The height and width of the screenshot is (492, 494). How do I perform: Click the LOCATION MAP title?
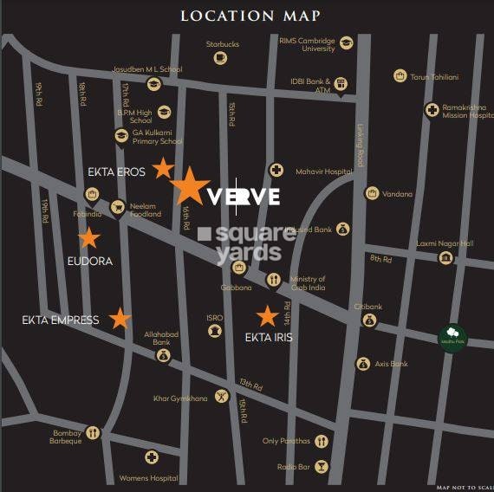click(x=250, y=16)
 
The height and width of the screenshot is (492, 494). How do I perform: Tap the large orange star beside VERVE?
click(x=189, y=187)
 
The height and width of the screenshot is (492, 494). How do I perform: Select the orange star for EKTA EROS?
click(x=163, y=168)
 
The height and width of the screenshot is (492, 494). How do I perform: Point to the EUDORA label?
click(x=90, y=260)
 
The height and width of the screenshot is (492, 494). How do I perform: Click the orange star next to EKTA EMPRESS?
click(x=120, y=319)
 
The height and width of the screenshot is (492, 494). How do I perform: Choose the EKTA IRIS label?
click(x=269, y=337)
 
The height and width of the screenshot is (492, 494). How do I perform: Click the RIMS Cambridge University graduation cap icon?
click(x=346, y=43)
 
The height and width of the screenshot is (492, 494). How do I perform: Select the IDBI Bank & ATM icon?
click(x=342, y=84)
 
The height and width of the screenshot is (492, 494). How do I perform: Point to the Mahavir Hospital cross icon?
click(x=276, y=171)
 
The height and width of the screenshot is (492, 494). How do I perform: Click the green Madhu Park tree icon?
click(x=452, y=334)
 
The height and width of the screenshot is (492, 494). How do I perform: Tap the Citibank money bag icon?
click(x=370, y=320)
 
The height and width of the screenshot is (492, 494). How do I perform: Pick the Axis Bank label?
click(x=393, y=365)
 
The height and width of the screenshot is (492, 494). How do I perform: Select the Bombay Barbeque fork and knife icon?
click(x=93, y=433)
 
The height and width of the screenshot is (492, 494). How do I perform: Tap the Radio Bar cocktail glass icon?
click(x=322, y=466)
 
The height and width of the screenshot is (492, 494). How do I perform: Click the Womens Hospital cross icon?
click(x=152, y=457)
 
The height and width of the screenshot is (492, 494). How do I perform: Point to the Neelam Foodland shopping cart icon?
click(x=118, y=206)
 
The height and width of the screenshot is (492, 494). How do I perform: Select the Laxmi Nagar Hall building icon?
click(x=445, y=258)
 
